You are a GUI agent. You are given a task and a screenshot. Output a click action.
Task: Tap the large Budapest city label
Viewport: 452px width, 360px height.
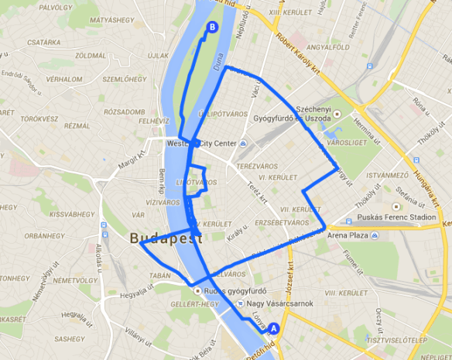[166, 239]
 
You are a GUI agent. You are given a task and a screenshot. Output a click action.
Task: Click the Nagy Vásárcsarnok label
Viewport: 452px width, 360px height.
[282, 303]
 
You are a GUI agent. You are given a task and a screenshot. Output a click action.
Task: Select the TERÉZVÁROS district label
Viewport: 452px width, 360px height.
[262, 166]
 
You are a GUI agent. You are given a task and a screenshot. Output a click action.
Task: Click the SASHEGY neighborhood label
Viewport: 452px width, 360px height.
[69, 338]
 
